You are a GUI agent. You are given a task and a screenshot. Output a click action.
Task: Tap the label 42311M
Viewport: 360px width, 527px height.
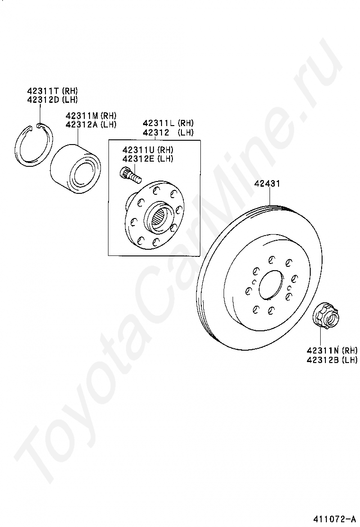[82, 116]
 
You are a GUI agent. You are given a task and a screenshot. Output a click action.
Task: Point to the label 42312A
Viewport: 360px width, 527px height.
[82, 124]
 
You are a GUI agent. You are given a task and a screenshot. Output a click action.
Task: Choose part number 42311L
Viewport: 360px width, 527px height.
[159, 123]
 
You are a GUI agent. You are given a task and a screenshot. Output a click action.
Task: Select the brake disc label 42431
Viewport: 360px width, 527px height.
[267, 184]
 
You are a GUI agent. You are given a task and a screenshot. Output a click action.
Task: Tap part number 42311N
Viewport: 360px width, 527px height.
[323, 351]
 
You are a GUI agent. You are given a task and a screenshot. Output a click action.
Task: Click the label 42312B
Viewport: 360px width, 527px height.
[323, 360]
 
